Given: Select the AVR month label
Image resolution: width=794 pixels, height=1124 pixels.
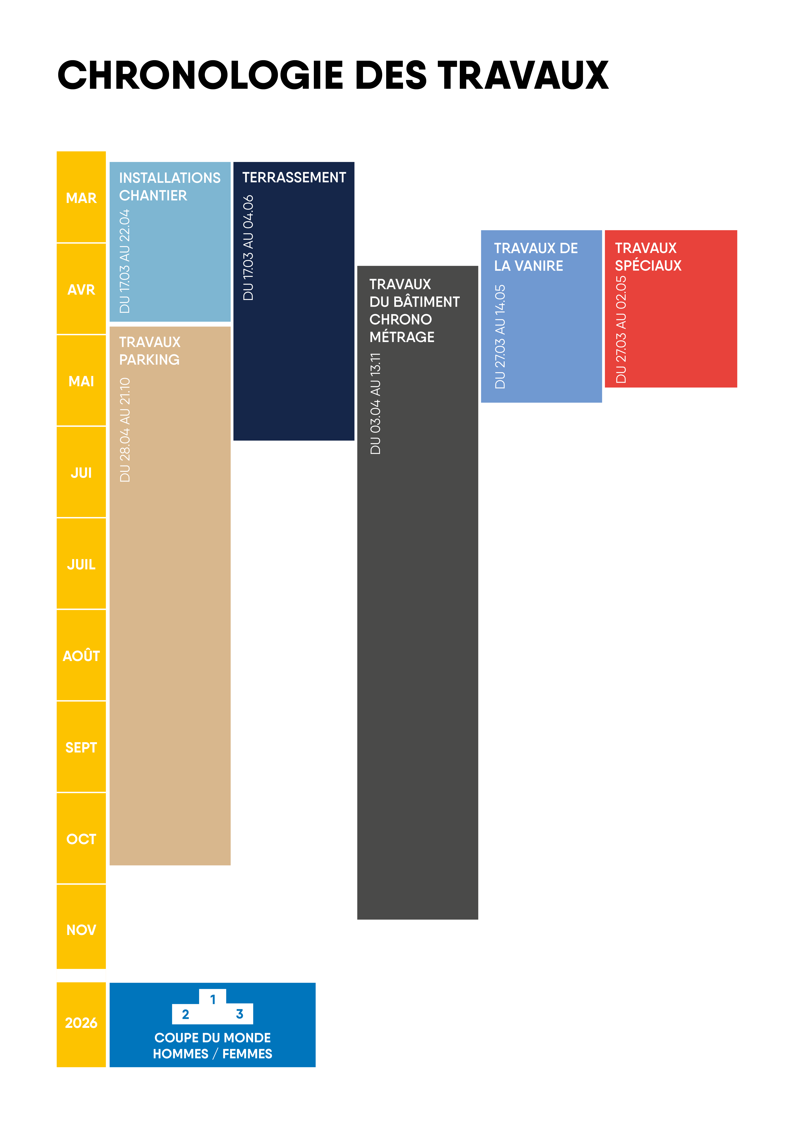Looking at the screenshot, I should (x=81, y=290).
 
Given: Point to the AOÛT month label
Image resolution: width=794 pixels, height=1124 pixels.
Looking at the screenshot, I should (x=81, y=656).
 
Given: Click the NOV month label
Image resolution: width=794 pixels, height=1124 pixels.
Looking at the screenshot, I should (x=81, y=930).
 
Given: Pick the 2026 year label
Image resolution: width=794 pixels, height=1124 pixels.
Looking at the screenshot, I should (x=81, y=1023).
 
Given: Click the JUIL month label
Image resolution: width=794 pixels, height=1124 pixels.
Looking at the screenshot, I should (x=81, y=564).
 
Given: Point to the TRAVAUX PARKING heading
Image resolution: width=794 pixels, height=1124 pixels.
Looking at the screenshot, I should (x=150, y=351).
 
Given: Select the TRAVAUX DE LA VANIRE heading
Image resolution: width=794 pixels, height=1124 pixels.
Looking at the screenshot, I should (x=536, y=257).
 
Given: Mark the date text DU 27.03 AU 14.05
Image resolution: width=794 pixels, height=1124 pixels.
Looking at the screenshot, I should (x=500, y=337).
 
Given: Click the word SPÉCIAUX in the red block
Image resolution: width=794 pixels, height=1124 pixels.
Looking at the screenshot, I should (x=648, y=266).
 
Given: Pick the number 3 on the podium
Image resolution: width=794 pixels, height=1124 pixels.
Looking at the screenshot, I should (x=240, y=1014).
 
